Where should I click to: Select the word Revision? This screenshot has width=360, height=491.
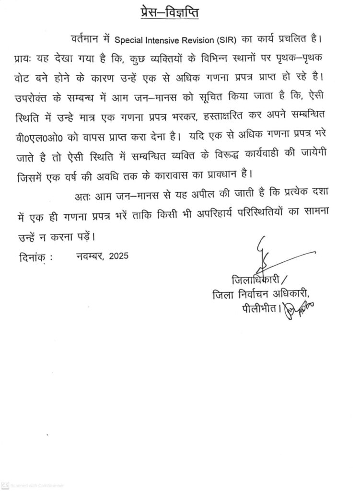click(x=209, y=39)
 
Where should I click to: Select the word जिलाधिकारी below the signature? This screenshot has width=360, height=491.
click(x=255, y=280)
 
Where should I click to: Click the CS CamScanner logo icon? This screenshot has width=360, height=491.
click(x=5, y=486)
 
